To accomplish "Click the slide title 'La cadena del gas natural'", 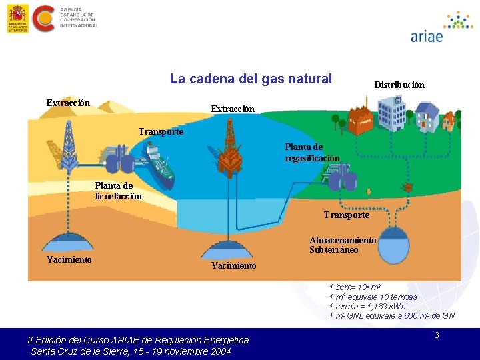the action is (251, 79).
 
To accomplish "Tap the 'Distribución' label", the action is (399, 85).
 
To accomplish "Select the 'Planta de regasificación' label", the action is (312, 153).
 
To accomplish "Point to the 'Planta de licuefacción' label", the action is (118, 191).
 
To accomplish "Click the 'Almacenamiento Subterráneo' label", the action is (343, 245).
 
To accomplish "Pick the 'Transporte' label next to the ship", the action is (161, 131).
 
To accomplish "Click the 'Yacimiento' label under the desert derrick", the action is (69, 259).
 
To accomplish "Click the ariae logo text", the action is (427, 36).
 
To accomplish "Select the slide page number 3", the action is (437, 335).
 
